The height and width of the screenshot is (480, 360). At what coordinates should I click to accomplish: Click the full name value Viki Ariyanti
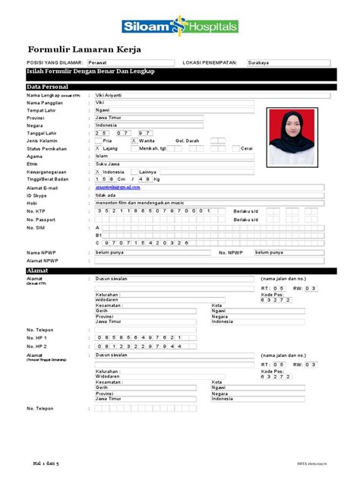[111, 96]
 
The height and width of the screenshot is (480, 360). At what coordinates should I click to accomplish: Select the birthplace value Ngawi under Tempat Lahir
[103, 111]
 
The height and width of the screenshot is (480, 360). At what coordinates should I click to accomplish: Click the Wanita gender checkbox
[134, 141]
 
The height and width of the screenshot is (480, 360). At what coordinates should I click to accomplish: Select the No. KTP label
[36, 210]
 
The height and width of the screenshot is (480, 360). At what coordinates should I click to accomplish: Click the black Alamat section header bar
[179, 270]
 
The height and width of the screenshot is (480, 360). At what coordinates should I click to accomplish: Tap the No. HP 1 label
[37, 337]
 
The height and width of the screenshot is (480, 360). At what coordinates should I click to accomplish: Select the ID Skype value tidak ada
[106, 194]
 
